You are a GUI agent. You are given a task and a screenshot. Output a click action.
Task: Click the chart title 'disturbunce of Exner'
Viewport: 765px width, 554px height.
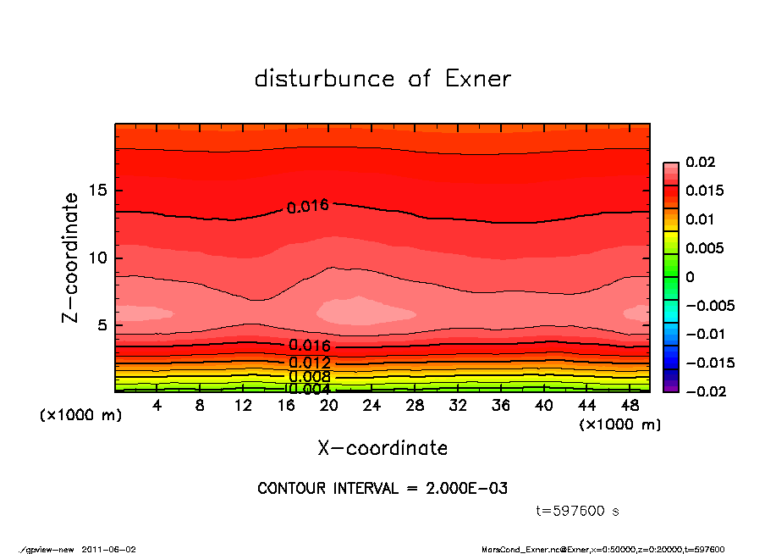tap(382, 79)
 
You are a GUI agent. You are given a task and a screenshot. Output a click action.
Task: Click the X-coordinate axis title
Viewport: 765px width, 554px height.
tap(382, 447)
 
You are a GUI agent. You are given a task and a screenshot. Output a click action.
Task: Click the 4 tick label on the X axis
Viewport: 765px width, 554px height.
tap(157, 406)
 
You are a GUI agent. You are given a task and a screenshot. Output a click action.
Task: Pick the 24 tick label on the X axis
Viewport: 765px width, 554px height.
tap(372, 406)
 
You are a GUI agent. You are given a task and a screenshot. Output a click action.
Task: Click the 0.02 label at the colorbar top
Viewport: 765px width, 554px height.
tap(700, 162)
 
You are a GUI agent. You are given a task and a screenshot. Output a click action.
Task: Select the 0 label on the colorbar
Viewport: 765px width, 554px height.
tap(690, 277)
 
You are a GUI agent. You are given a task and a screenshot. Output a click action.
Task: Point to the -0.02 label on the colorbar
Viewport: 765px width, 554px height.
tap(704, 391)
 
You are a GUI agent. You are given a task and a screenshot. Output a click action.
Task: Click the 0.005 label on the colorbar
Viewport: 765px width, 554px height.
tap(703, 248)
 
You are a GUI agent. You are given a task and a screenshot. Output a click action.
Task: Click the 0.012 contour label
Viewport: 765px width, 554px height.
tap(309, 363)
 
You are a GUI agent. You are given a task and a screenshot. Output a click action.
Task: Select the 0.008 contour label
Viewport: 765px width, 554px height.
tap(309, 376)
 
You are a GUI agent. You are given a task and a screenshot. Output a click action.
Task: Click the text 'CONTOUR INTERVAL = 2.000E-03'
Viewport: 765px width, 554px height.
tap(382, 489)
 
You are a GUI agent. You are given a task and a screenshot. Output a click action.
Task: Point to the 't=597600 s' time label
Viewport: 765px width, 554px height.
tap(578, 511)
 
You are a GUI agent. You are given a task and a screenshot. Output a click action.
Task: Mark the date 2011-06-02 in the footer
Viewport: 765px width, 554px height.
tap(108, 549)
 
